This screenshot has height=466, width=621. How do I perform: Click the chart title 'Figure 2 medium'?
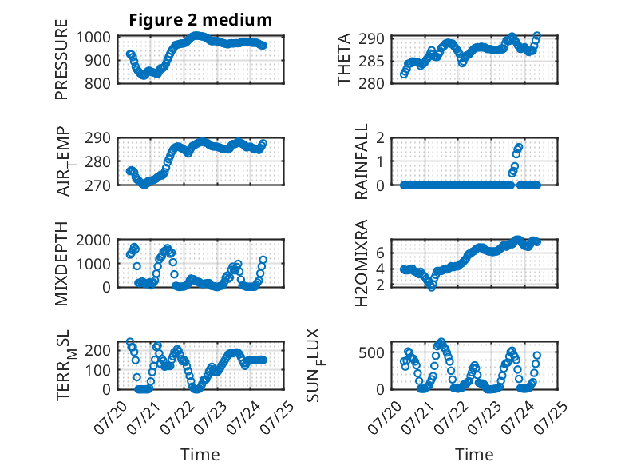pos(200,20)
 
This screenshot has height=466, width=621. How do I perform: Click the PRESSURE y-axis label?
pos(61,59)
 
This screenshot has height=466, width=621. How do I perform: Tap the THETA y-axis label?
pos(344,59)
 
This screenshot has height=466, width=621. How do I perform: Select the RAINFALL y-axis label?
pos(362,161)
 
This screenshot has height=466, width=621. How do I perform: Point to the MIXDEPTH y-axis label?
pos(61,263)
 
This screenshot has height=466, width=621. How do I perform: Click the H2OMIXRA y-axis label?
pos(362,263)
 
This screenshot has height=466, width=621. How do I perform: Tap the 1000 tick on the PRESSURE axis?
pos(93,38)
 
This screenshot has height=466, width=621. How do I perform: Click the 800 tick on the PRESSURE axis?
pos(97,83)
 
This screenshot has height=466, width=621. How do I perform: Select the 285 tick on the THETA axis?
pos(371,61)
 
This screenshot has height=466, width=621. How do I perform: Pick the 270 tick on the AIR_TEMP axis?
pos(97,185)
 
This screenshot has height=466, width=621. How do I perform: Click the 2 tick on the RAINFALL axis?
pos(381,138)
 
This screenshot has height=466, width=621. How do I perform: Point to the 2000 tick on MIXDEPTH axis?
pos(93,241)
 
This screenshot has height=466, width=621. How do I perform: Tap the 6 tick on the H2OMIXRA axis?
pos(381,253)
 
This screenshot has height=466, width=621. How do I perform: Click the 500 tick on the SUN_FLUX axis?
pos(371,352)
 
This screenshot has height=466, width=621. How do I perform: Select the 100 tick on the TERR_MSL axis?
pos(97,370)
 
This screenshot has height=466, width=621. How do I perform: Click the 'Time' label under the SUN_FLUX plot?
pos(474,455)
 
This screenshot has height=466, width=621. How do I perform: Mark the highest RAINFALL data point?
pos(519,148)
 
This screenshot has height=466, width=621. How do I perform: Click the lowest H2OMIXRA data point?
pos(432,287)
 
